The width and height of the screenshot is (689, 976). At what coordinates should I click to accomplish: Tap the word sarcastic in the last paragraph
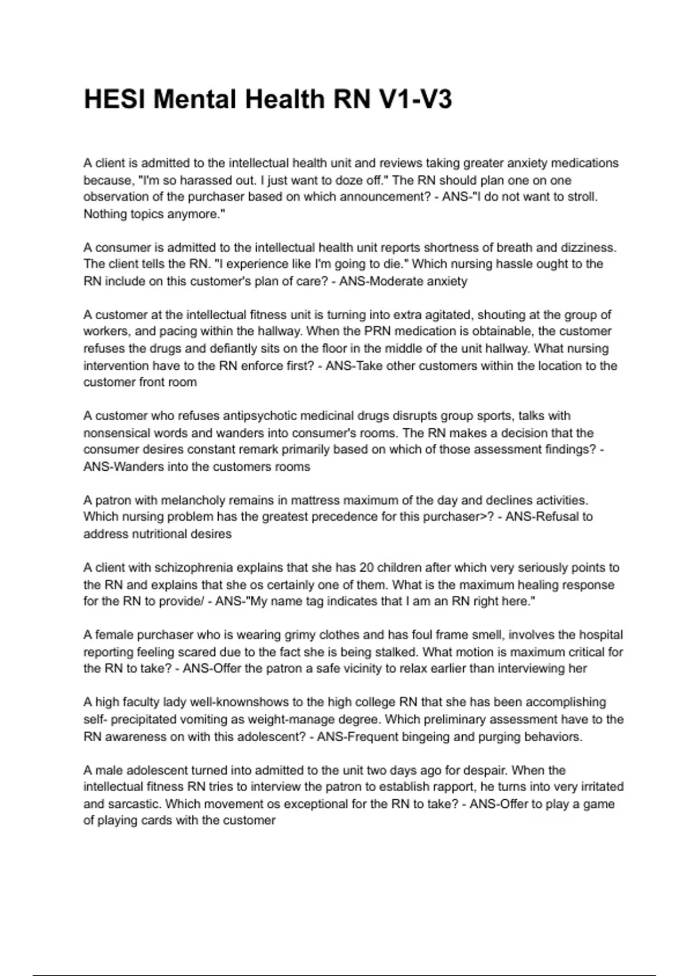(134, 804)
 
